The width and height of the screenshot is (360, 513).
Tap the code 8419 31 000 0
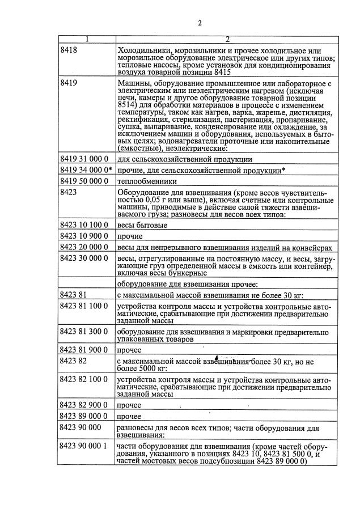84,160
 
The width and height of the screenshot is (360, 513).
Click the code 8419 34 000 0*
86,171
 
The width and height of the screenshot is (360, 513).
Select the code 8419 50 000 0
84,181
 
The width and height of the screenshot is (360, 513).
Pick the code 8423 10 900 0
84,236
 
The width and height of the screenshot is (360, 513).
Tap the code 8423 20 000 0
84,247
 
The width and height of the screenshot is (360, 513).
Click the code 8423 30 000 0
84,258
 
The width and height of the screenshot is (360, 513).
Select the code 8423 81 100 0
84,306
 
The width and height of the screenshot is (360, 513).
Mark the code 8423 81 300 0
84,331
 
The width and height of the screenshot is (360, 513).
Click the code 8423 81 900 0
84,350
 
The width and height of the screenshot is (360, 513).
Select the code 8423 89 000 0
84,416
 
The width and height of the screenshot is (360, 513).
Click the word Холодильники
146,50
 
